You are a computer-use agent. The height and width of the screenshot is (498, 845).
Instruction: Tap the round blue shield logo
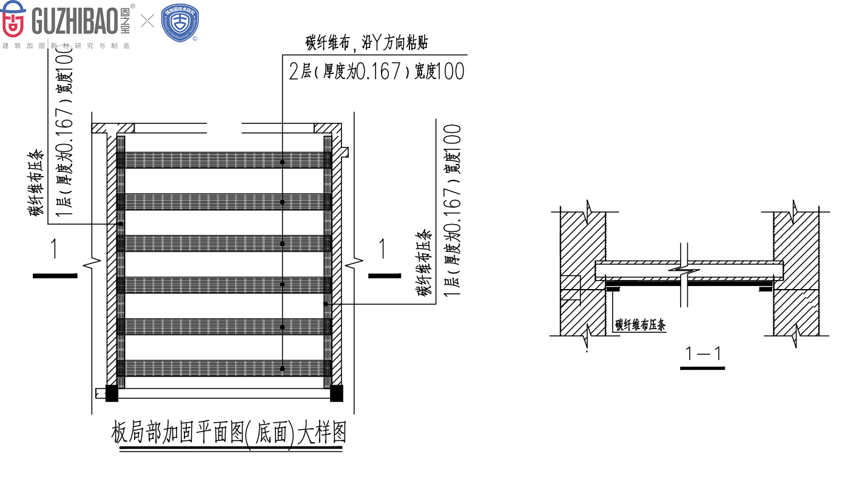coord(180,23)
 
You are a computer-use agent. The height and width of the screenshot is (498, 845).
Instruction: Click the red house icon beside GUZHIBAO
coord(13,20)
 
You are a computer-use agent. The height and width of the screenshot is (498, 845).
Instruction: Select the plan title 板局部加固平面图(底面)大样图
coord(229,434)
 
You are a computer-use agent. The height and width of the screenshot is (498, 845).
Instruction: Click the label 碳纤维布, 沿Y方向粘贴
coord(368,43)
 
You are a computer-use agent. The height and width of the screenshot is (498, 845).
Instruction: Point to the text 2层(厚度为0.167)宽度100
coord(377,72)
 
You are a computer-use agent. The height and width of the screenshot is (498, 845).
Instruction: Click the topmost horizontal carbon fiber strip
coord(224,160)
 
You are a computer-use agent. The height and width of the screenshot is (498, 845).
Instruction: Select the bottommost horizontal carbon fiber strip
coord(224,368)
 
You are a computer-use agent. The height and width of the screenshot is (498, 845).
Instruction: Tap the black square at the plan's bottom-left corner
coord(112,394)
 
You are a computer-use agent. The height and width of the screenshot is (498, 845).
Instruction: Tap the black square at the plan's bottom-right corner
coord(336,394)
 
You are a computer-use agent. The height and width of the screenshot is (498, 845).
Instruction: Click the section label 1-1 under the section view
coord(702,353)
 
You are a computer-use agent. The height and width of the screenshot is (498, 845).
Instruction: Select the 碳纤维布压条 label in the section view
coord(641,325)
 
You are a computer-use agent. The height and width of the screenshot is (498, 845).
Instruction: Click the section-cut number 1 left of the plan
coord(54,249)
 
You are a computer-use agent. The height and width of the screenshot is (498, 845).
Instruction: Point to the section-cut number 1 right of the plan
coord(382,248)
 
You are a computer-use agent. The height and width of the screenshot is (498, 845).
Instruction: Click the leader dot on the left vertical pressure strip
coord(121,224)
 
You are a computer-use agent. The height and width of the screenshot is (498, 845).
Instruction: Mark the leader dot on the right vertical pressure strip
coord(326,304)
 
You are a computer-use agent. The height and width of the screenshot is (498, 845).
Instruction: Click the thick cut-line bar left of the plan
coord(55,276)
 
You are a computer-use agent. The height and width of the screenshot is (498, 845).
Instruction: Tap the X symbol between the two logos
coord(147,22)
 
